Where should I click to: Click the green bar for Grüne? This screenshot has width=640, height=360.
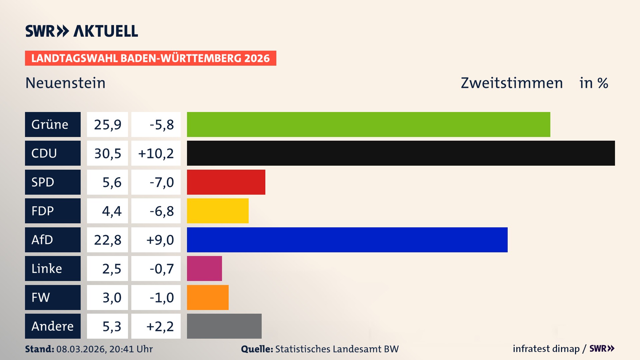coord(368,124)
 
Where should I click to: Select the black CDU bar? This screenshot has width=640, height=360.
coord(401,153)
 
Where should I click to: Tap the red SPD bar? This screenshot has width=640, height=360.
coord(226,182)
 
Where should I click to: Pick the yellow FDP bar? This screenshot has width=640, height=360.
coord(218,211)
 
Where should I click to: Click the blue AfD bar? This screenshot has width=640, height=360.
coord(347,240)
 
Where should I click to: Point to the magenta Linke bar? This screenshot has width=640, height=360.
coord(204,268)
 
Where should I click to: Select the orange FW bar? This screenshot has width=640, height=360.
coord(208,297)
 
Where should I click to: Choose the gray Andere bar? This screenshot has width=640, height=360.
coord(224,326)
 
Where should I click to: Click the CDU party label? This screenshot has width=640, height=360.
coord(53,153)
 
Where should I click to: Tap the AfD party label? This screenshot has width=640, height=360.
coord(53,240)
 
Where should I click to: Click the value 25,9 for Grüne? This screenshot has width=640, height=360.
coord(107,125)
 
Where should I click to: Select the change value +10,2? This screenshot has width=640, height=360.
coord(156,153)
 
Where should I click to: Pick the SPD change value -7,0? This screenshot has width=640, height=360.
coord(161,182)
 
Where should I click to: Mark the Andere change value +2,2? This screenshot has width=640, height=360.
coord(160,326)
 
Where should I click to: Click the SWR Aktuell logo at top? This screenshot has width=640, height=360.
coord(82,31)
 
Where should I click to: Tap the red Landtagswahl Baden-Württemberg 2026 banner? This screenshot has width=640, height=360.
coord(150,58)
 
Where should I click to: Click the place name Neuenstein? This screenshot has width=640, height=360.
coord(65,83)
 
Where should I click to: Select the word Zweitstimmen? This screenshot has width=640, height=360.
coord(512,83)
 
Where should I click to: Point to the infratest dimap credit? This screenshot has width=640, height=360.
coord(546,349)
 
